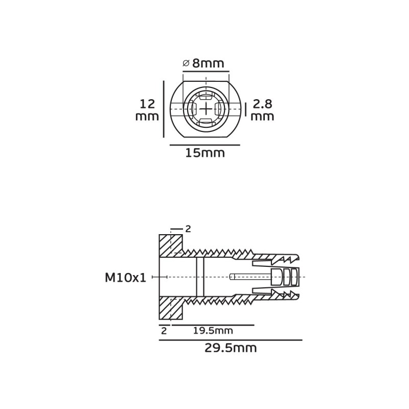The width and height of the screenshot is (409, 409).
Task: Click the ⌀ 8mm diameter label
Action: coord(203,63)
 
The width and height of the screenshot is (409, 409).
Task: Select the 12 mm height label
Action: coord(147,110)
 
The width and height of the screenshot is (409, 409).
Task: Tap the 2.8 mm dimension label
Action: coord(262,110)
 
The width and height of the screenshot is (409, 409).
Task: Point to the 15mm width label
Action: coord(205,153)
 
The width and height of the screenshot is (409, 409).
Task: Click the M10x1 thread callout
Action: coord(125,278)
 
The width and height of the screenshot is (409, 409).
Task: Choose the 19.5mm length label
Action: coord(213,331)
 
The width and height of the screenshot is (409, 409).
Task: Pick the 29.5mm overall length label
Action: coord(231,348)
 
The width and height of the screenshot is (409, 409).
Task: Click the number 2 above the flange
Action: coord(188,229)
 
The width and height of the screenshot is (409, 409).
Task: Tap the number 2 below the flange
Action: coord(164,331)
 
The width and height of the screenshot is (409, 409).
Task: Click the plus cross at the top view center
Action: coord(206,109)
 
